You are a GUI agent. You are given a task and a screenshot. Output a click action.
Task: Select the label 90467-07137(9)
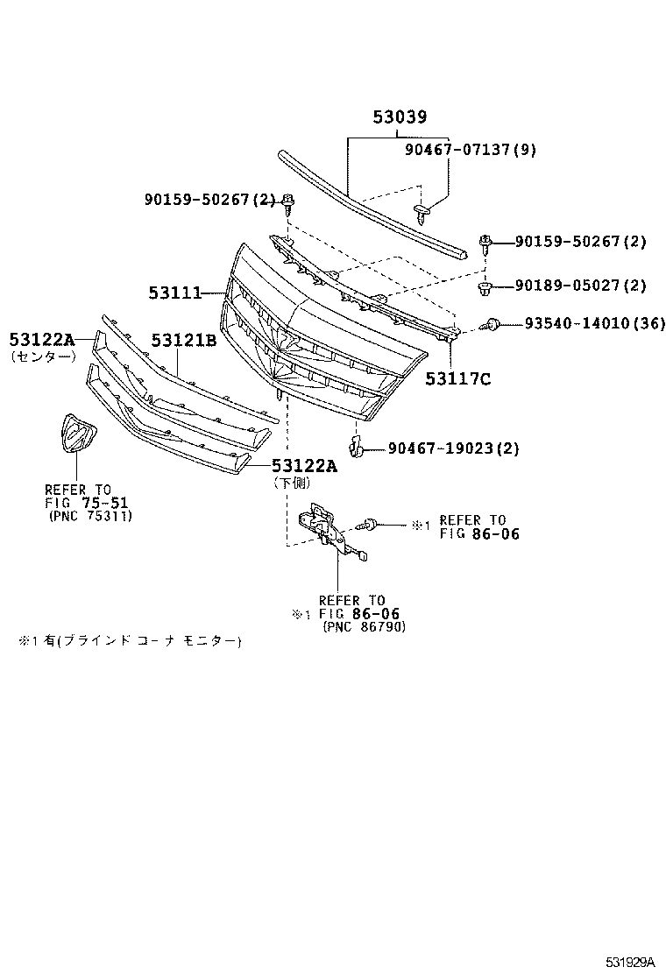pyautogui.click(x=470, y=150)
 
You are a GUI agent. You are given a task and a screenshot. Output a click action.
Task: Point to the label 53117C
pyautogui.click(x=458, y=378)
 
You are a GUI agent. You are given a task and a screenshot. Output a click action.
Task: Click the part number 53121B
pyautogui.click(x=183, y=340)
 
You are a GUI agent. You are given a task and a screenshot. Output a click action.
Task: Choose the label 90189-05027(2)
pyautogui.click(x=580, y=286)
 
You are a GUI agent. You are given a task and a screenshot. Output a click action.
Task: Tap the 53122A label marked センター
pyautogui.click(x=42, y=339)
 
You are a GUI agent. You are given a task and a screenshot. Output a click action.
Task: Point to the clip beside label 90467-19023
pyautogui.click(x=356, y=448)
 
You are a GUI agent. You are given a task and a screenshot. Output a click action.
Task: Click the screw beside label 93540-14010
pyautogui.click(x=495, y=325)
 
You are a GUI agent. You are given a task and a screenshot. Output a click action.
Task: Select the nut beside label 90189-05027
pyautogui.click(x=485, y=286)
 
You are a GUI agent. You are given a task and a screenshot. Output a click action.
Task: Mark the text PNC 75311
pyautogui.click(x=89, y=517)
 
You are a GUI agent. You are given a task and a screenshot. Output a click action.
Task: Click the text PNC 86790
pyautogui.click(x=364, y=627)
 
